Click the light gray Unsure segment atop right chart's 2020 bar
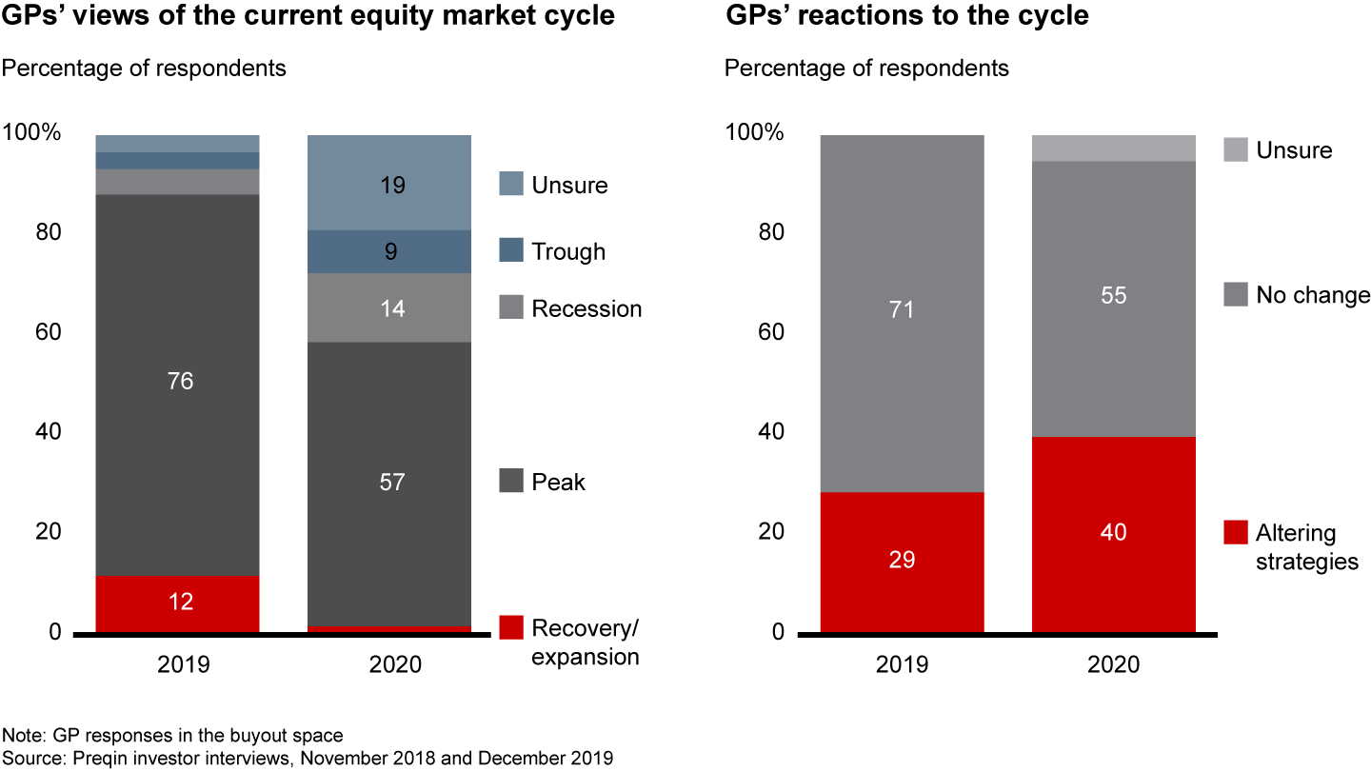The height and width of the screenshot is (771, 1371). (1113, 148)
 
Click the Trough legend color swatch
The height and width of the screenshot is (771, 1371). (511, 251)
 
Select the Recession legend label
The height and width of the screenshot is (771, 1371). (586, 309)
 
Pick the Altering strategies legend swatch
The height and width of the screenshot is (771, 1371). (1235, 532)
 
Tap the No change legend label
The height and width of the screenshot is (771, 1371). (1313, 296)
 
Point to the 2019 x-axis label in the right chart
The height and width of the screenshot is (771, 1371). (902, 664)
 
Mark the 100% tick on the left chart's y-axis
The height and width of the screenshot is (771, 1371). (32, 133)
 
